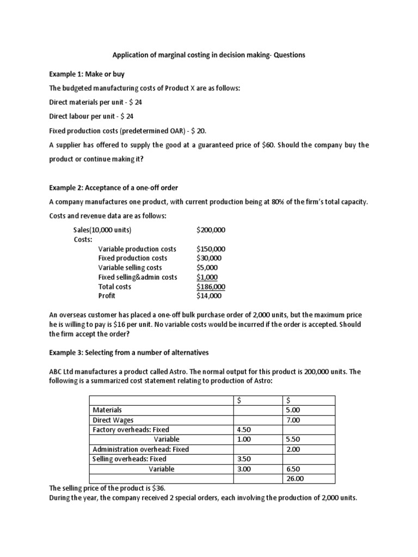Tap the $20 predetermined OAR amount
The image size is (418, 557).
pos(199,131)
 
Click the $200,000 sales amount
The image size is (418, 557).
pos(211,230)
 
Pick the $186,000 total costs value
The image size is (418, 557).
pos(211,287)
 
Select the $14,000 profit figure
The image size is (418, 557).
pos(209,296)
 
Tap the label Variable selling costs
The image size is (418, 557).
pos(130,268)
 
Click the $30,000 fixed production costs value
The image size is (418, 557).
pos(209,258)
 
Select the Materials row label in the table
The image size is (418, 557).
pos(107,410)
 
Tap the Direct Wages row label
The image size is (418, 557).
pos(113,420)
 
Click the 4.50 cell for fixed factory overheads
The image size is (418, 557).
pos(245,430)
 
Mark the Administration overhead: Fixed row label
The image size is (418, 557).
pos(141,449)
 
